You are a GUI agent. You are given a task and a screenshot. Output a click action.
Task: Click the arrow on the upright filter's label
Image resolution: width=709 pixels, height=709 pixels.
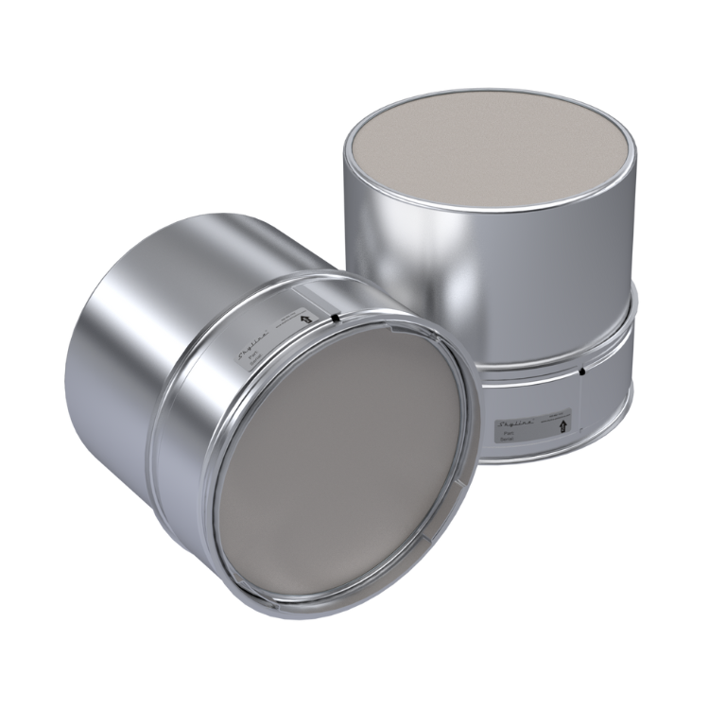564,425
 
